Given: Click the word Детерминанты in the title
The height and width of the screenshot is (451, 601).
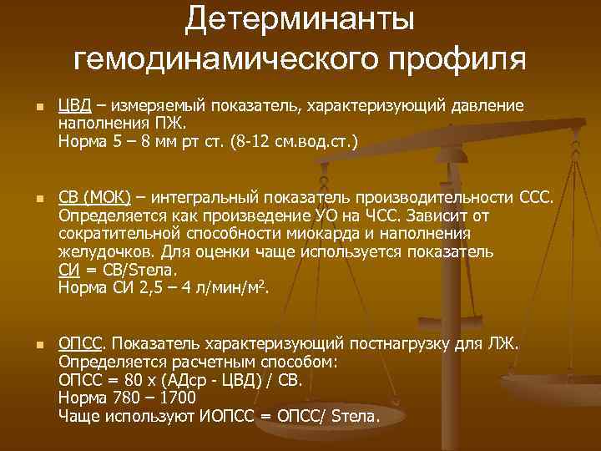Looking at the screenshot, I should click(x=300, y=20).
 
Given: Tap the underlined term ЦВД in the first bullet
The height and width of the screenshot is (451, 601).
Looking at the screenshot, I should click(x=73, y=105).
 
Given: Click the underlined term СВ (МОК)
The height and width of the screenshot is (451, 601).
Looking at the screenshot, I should click(x=94, y=197).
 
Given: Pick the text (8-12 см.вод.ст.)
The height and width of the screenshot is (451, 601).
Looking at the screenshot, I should click(x=289, y=142).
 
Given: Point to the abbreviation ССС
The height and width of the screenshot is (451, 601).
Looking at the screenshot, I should click(x=533, y=197).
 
